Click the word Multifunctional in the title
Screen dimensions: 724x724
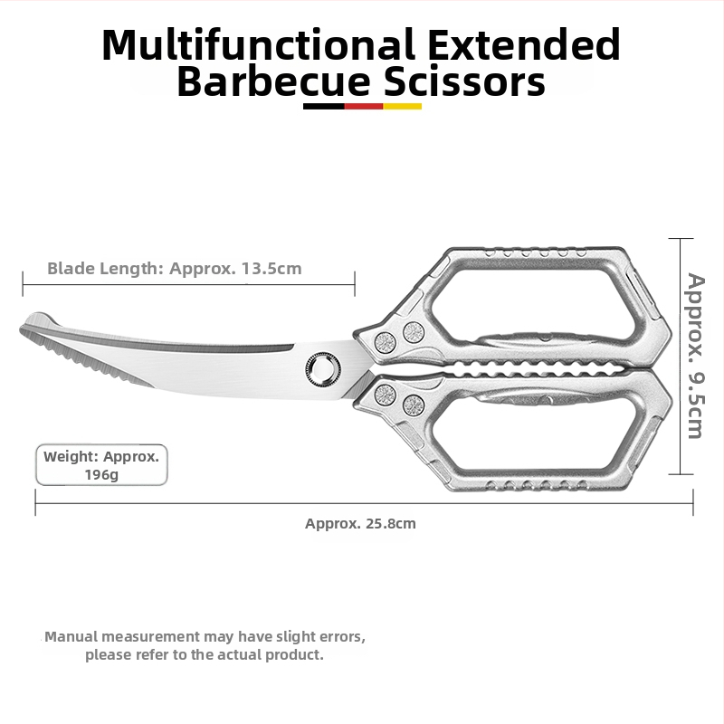pyautogui.click(x=258, y=44)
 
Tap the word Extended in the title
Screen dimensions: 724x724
pyautogui.click(x=524, y=43)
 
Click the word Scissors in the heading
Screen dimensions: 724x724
pyautogui.click(x=464, y=81)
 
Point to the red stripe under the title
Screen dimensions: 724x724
pyautogui.click(x=364, y=106)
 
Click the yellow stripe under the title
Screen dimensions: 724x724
pyautogui.click(x=402, y=106)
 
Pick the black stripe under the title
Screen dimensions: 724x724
pyautogui.click(x=324, y=106)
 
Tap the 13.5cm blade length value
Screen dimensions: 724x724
pyautogui.click(x=271, y=268)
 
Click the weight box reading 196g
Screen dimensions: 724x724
pyautogui.click(x=101, y=465)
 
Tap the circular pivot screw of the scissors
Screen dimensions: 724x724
pyautogui.click(x=323, y=369)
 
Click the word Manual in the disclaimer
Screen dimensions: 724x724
pyautogui.click(x=71, y=637)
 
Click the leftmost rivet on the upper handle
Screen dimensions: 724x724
pyautogui.click(x=385, y=343)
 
